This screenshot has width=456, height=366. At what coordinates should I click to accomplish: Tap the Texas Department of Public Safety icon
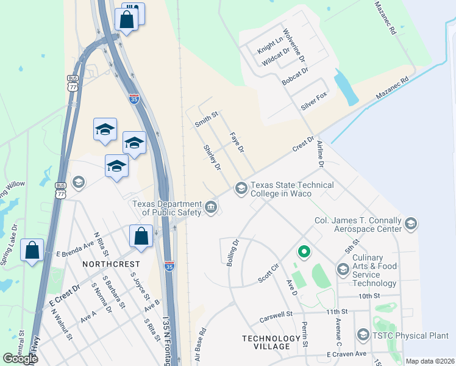coord(211,207)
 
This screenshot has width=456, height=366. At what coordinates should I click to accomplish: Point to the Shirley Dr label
coord(212,157)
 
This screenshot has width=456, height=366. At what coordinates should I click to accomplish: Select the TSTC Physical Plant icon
coord(363,335)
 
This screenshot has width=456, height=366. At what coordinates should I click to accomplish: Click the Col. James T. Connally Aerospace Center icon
coord(410,224)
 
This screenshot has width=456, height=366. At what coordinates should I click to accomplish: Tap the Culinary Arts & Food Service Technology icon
coord(343,269)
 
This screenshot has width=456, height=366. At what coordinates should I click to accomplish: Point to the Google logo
coord(20,359)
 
